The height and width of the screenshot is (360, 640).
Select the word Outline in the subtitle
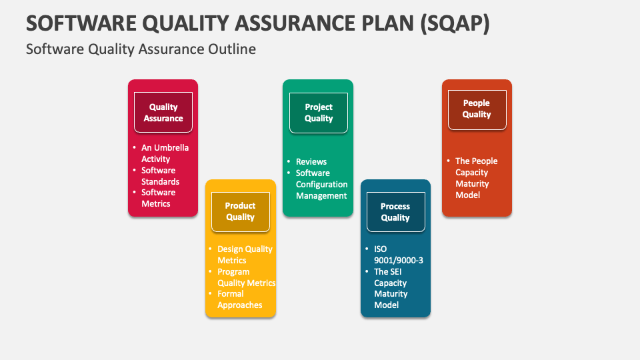(231, 49)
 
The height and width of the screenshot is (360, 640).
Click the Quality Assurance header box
(163, 113)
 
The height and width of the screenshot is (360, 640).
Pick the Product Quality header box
(240, 212)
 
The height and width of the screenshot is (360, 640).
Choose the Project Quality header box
(319, 113)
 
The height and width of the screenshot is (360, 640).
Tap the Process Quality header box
(395, 212)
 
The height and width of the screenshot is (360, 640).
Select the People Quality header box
(477, 109)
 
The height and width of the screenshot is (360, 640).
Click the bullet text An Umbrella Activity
(165, 153)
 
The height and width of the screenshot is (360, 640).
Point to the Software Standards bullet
(160, 176)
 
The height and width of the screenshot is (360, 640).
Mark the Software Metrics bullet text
(158, 198)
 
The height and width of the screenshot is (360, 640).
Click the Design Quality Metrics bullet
(244, 255)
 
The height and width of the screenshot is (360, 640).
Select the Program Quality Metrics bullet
(246, 277)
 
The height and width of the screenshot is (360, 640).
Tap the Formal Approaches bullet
(239, 299)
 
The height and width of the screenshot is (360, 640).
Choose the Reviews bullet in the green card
(311, 161)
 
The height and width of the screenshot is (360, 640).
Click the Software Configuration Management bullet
(321, 185)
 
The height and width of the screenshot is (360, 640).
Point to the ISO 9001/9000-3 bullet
(398, 255)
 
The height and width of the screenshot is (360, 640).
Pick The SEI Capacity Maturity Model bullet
(391, 288)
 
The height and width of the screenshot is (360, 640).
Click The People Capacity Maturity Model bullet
(476, 178)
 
